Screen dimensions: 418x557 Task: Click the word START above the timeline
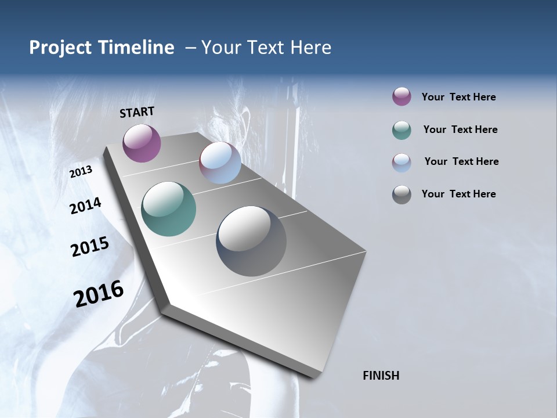(137, 112)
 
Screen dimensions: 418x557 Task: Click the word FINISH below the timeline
(381, 376)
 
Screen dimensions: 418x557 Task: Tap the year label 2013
(81, 172)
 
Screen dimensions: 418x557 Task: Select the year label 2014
(85, 206)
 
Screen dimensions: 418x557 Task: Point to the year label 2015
(90, 247)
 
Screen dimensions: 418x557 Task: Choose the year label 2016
(99, 293)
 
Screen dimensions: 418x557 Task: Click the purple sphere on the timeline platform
(142, 143)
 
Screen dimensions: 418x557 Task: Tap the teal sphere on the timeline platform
(168, 209)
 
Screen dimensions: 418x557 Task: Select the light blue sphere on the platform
(220, 163)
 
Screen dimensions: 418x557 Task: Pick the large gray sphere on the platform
(251, 241)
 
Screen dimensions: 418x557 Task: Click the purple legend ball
(402, 96)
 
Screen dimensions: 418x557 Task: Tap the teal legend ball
(402, 130)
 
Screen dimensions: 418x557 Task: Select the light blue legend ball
(402, 163)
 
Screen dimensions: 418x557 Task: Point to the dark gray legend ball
(402, 194)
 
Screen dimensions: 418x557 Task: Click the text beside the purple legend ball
(458, 97)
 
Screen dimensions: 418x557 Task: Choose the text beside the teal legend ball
(460, 129)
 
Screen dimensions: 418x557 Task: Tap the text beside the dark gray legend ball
(458, 194)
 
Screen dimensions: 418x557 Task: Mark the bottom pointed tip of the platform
(314, 377)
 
